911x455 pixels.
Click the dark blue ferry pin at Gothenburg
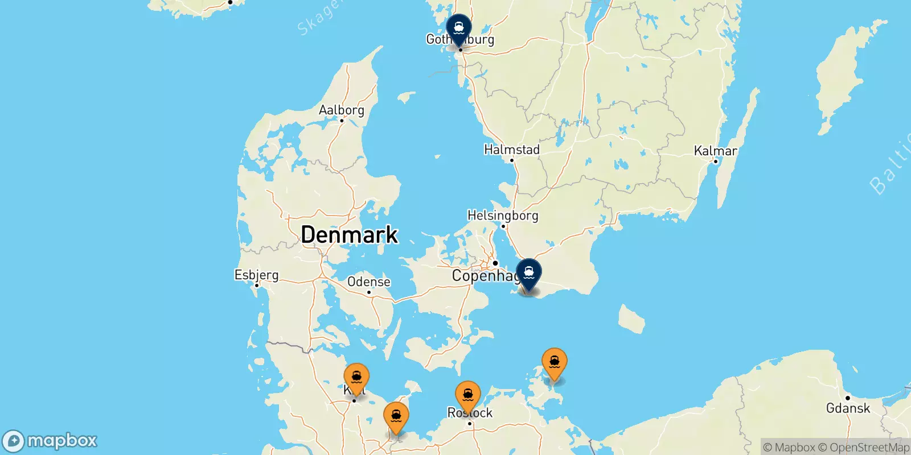click(458, 28)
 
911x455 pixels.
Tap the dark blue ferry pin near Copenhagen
click(529, 272)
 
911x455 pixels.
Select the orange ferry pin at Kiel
click(356, 377)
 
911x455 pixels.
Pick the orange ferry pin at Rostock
click(468, 395)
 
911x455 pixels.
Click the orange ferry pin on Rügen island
click(554, 362)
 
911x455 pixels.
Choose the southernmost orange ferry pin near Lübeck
click(396, 416)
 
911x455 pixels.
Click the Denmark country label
click(349, 234)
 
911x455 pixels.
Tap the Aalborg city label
click(341, 110)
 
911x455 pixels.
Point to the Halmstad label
click(511, 150)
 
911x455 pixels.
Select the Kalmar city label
click(715, 151)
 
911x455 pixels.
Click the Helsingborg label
click(502, 216)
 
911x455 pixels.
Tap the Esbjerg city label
click(256, 275)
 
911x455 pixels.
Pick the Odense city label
click(368, 282)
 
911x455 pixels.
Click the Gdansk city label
click(848, 408)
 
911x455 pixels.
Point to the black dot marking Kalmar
click(716, 162)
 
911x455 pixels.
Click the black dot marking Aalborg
click(342, 121)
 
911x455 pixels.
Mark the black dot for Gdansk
click(848, 398)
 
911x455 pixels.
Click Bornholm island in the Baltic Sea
click(631, 318)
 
